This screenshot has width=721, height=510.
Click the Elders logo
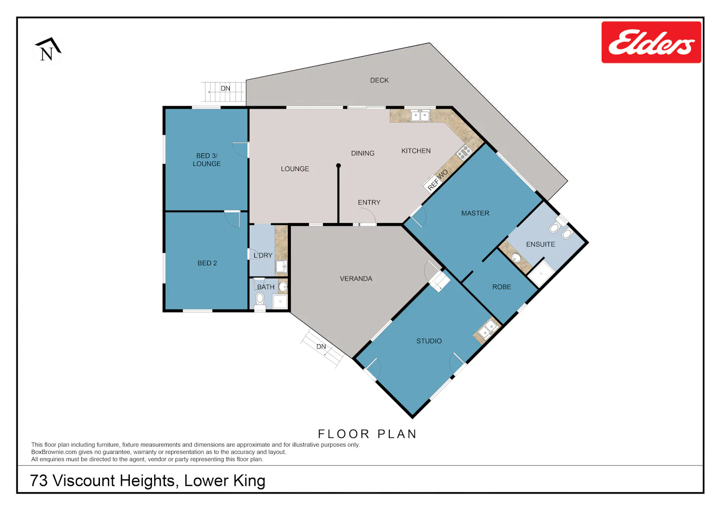pyautogui.click(x=651, y=42)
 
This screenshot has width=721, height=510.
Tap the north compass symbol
pyautogui.click(x=48, y=49)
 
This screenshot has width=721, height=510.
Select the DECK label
pyautogui.click(x=379, y=80)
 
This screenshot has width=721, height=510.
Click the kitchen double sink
pyautogui.click(x=420, y=115)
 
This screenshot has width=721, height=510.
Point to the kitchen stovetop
pyautogui.click(x=463, y=152)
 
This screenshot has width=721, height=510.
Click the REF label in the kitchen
pyautogui.click(x=433, y=185)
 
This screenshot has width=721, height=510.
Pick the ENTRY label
pyautogui.click(x=369, y=202)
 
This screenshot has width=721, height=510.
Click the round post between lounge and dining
pyautogui.click(x=338, y=165)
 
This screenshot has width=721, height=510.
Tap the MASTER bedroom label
pyautogui.click(x=475, y=213)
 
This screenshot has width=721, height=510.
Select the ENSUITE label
pyautogui.click(x=540, y=244)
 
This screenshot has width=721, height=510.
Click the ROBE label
pyautogui.click(x=501, y=287)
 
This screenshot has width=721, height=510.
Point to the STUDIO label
pyautogui.click(x=429, y=341)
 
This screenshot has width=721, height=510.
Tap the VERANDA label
pyautogui.click(x=356, y=278)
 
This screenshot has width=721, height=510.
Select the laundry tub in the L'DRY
pyautogui.click(x=281, y=267)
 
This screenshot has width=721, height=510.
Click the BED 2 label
pyautogui.click(x=207, y=263)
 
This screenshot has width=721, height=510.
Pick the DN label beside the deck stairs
pyautogui.click(x=225, y=88)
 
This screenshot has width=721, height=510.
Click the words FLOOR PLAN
pyautogui.click(x=367, y=434)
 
